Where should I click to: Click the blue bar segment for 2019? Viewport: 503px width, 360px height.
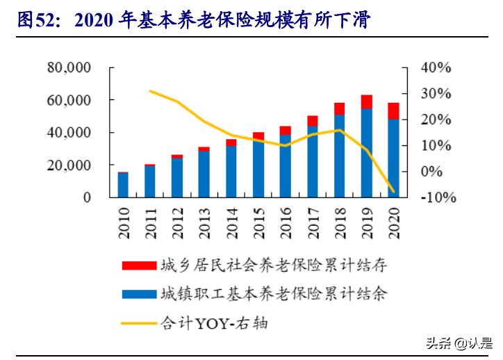click(x=366, y=153)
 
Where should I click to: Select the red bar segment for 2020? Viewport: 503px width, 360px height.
click(x=393, y=111)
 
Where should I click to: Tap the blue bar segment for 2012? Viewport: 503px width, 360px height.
click(x=177, y=178)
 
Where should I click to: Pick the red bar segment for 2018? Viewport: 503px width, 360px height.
click(x=339, y=108)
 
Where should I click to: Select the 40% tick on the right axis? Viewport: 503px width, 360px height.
click(x=436, y=68)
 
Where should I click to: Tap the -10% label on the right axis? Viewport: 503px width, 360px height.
click(x=436, y=197)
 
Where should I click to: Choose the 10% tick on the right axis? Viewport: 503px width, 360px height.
click(x=436, y=146)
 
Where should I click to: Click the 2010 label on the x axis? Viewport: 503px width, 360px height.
click(x=123, y=224)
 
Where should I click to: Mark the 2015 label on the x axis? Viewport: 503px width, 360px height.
click(x=258, y=224)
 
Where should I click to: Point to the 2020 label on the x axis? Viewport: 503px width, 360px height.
click(x=393, y=224)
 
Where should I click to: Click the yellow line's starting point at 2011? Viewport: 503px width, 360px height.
click(x=150, y=91)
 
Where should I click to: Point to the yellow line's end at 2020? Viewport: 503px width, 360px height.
click(x=393, y=192)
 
